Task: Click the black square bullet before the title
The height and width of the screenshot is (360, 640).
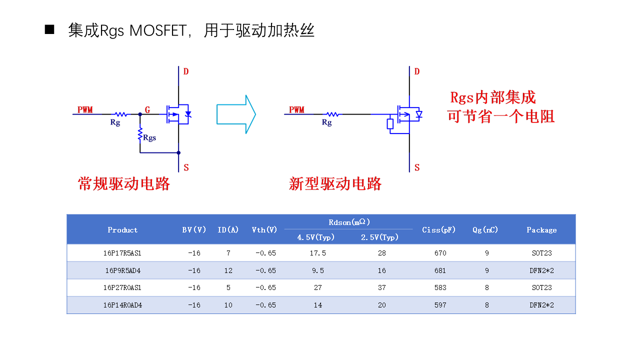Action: [x=49, y=29]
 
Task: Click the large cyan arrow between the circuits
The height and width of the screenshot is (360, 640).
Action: [x=236, y=114]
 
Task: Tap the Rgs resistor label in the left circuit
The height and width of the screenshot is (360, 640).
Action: [x=149, y=138]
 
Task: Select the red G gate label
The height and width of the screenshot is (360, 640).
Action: [x=147, y=109]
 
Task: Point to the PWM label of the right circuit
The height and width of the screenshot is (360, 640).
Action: [x=296, y=109]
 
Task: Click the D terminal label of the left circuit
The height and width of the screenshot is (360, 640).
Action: [x=186, y=71]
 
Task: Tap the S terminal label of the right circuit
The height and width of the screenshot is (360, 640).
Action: [x=417, y=167]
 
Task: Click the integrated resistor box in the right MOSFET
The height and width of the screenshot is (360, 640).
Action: [x=390, y=124]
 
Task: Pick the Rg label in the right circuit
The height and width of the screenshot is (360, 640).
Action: [x=326, y=122]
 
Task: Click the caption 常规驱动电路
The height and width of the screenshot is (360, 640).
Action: [x=124, y=183]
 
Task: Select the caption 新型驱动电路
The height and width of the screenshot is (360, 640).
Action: [x=335, y=183]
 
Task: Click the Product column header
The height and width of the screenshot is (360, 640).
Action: [x=122, y=230]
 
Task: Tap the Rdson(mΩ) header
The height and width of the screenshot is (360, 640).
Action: [x=349, y=222]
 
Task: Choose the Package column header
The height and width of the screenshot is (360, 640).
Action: [x=541, y=230]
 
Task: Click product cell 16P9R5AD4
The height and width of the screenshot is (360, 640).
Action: [x=123, y=270]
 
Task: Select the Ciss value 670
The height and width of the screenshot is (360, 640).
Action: [x=440, y=253]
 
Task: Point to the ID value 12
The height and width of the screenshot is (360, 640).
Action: [x=228, y=270]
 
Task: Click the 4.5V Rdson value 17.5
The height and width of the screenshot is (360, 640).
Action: [x=317, y=253]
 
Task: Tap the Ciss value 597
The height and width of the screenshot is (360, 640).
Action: [x=440, y=305]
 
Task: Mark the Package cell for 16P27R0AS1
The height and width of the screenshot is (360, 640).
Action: [x=541, y=287]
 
